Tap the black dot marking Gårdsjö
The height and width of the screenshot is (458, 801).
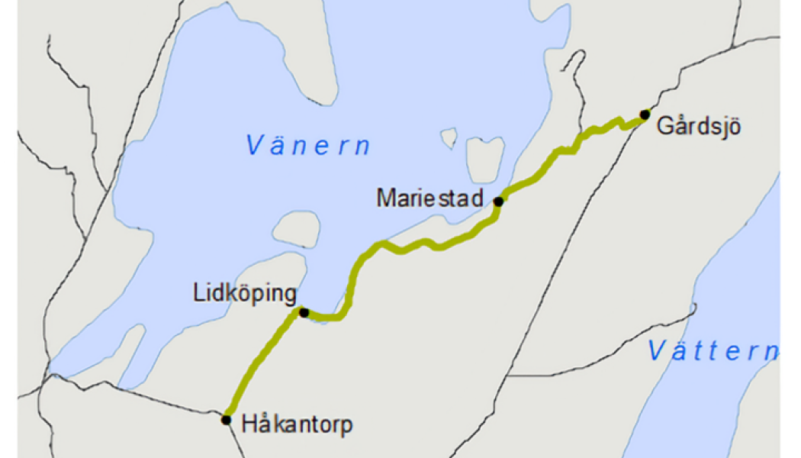tap(645, 114)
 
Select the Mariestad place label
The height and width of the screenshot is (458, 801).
tap(430, 198)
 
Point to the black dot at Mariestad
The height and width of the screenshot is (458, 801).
tap(498, 202)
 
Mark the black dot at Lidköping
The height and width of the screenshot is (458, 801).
tap(304, 312)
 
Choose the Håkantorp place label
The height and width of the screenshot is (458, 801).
tap(298, 424)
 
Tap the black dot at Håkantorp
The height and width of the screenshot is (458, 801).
tap(227, 419)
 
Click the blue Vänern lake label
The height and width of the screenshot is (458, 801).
tap(308, 145)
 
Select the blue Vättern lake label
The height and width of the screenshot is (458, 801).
tap(713, 351)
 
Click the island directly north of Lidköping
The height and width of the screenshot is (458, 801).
tap(297, 229)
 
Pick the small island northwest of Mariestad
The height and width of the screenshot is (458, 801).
tap(449, 137)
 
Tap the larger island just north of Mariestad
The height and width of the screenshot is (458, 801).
tap(485, 158)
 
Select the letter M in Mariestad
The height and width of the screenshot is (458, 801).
tap(385, 198)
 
